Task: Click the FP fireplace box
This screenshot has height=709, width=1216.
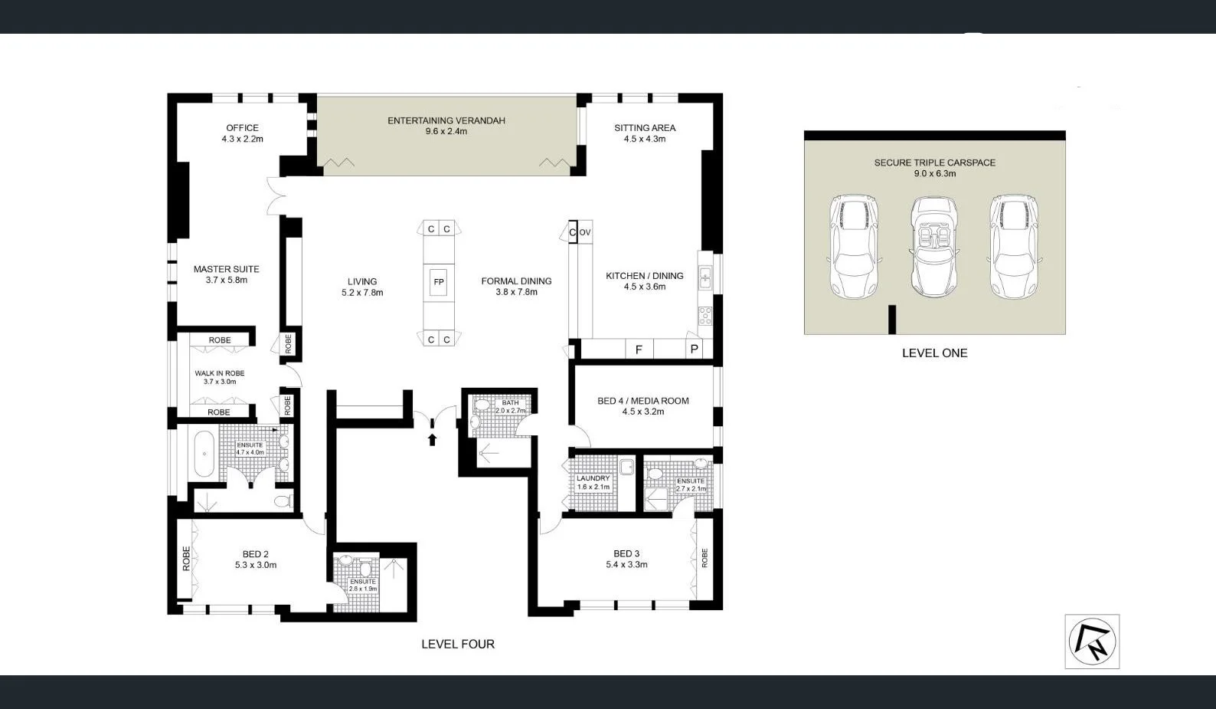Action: [x=439, y=282]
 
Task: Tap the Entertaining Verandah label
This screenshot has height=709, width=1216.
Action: [x=446, y=121]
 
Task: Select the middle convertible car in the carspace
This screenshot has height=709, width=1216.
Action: [x=934, y=247]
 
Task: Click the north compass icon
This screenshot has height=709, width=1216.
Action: [x=1092, y=642]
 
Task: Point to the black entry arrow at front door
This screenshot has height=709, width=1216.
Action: [x=432, y=439]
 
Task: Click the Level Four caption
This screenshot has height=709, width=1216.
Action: [x=458, y=645]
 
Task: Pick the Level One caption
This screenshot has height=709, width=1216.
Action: [x=934, y=353]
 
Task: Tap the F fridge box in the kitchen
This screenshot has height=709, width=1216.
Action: [x=639, y=350]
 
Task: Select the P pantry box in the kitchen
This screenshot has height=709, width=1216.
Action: [x=694, y=350]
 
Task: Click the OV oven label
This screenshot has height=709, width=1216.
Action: [x=585, y=232]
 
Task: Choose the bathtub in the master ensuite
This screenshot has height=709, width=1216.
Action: [x=204, y=454]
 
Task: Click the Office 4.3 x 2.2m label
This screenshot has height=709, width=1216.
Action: [x=242, y=133]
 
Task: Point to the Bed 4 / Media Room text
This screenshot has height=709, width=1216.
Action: [x=643, y=401]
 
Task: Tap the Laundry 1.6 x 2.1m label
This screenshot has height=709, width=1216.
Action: [x=593, y=482]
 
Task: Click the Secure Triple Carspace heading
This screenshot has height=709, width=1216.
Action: [x=934, y=162]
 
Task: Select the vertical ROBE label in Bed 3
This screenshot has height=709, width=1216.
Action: [x=704, y=558]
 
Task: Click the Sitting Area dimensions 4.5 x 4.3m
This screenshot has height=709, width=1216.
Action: [x=645, y=140]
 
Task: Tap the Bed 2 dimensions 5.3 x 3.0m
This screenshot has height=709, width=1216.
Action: [x=256, y=566]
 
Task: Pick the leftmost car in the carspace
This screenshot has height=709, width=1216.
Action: [x=854, y=247]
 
